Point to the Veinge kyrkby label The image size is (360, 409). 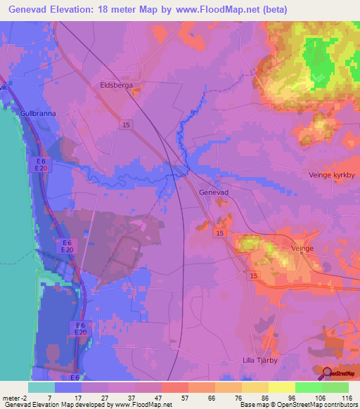tap(329, 174)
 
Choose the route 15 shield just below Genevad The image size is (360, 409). tap(220, 233)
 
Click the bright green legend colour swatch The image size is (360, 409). tap(308, 387)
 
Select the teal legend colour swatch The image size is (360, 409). tap(41, 387)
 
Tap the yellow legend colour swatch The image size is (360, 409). tap(281, 387)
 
